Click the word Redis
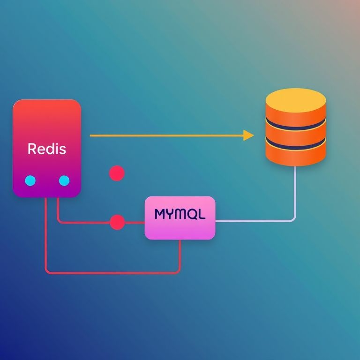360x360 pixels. (x=47, y=149)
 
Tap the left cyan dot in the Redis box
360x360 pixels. (x=30, y=180)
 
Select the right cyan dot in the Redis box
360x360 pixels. (x=64, y=180)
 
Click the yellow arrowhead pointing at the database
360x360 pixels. (x=248, y=135)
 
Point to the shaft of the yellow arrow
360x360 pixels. (x=164, y=135)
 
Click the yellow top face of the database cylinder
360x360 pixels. (x=296, y=99)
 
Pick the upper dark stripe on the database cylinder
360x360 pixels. (x=296, y=124)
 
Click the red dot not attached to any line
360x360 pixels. (x=116, y=173)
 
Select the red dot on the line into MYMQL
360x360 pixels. (x=117, y=222)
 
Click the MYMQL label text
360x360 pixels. (x=180, y=215)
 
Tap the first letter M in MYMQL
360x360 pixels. (x=160, y=215)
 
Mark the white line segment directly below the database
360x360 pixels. (x=295, y=187)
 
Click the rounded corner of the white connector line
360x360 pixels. (x=293, y=219)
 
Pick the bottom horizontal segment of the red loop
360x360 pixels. (x=112, y=272)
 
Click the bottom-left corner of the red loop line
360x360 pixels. (x=47, y=271)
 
